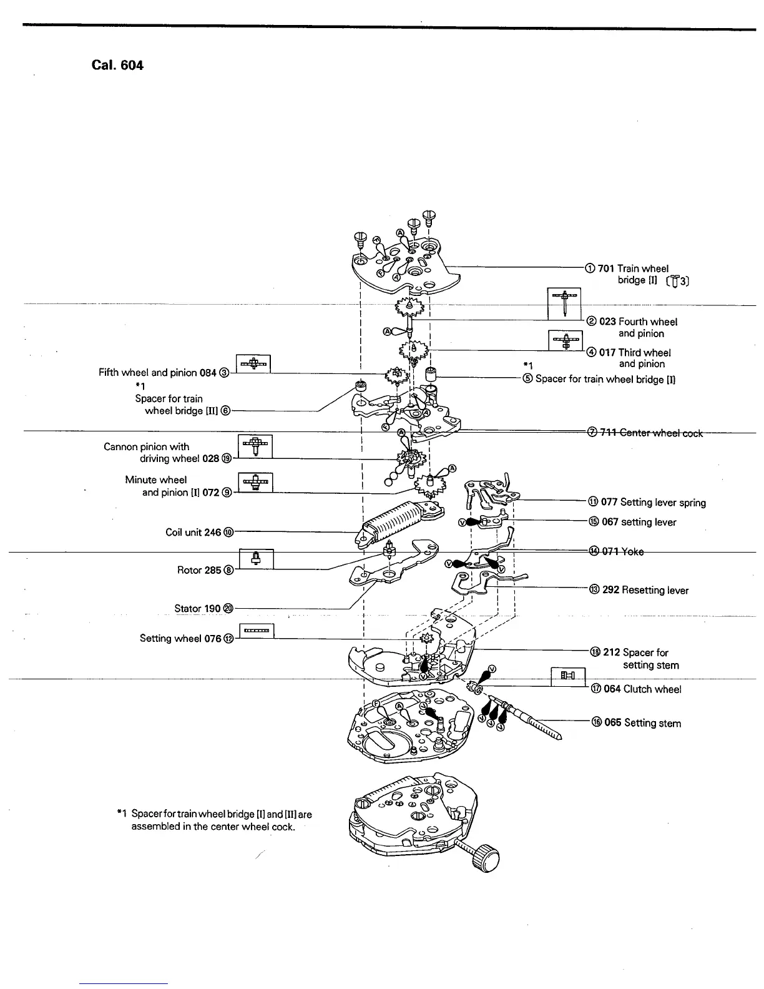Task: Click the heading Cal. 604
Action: tap(117, 65)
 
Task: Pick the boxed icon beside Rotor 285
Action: tap(256, 559)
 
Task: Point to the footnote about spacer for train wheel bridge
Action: tap(214, 820)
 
